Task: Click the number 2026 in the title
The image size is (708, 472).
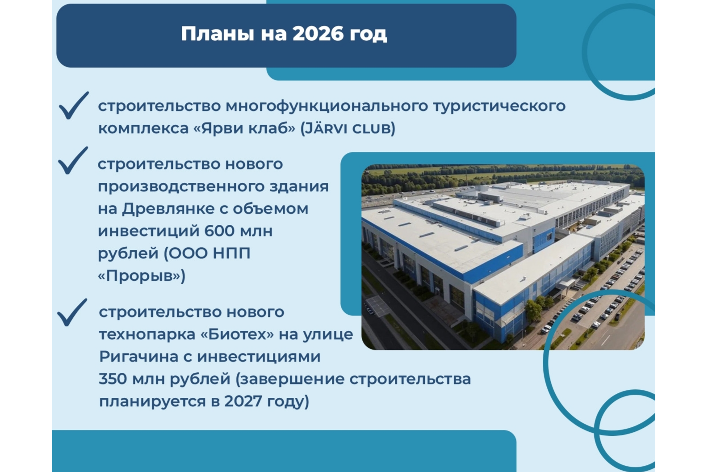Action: click(318, 34)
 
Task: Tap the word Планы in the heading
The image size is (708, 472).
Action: click(218, 34)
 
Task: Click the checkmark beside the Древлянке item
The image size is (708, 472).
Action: click(73, 160)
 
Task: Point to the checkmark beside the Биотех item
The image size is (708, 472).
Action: click(72, 312)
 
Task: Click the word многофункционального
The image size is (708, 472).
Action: click(327, 106)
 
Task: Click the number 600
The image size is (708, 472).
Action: click(219, 231)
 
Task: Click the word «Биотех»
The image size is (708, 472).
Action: click(237, 334)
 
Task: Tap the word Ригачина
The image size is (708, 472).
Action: click(138, 357)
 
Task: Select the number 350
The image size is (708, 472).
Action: click(113, 379)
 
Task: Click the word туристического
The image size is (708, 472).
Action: click(499, 106)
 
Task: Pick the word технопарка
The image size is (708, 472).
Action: click(147, 335)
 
